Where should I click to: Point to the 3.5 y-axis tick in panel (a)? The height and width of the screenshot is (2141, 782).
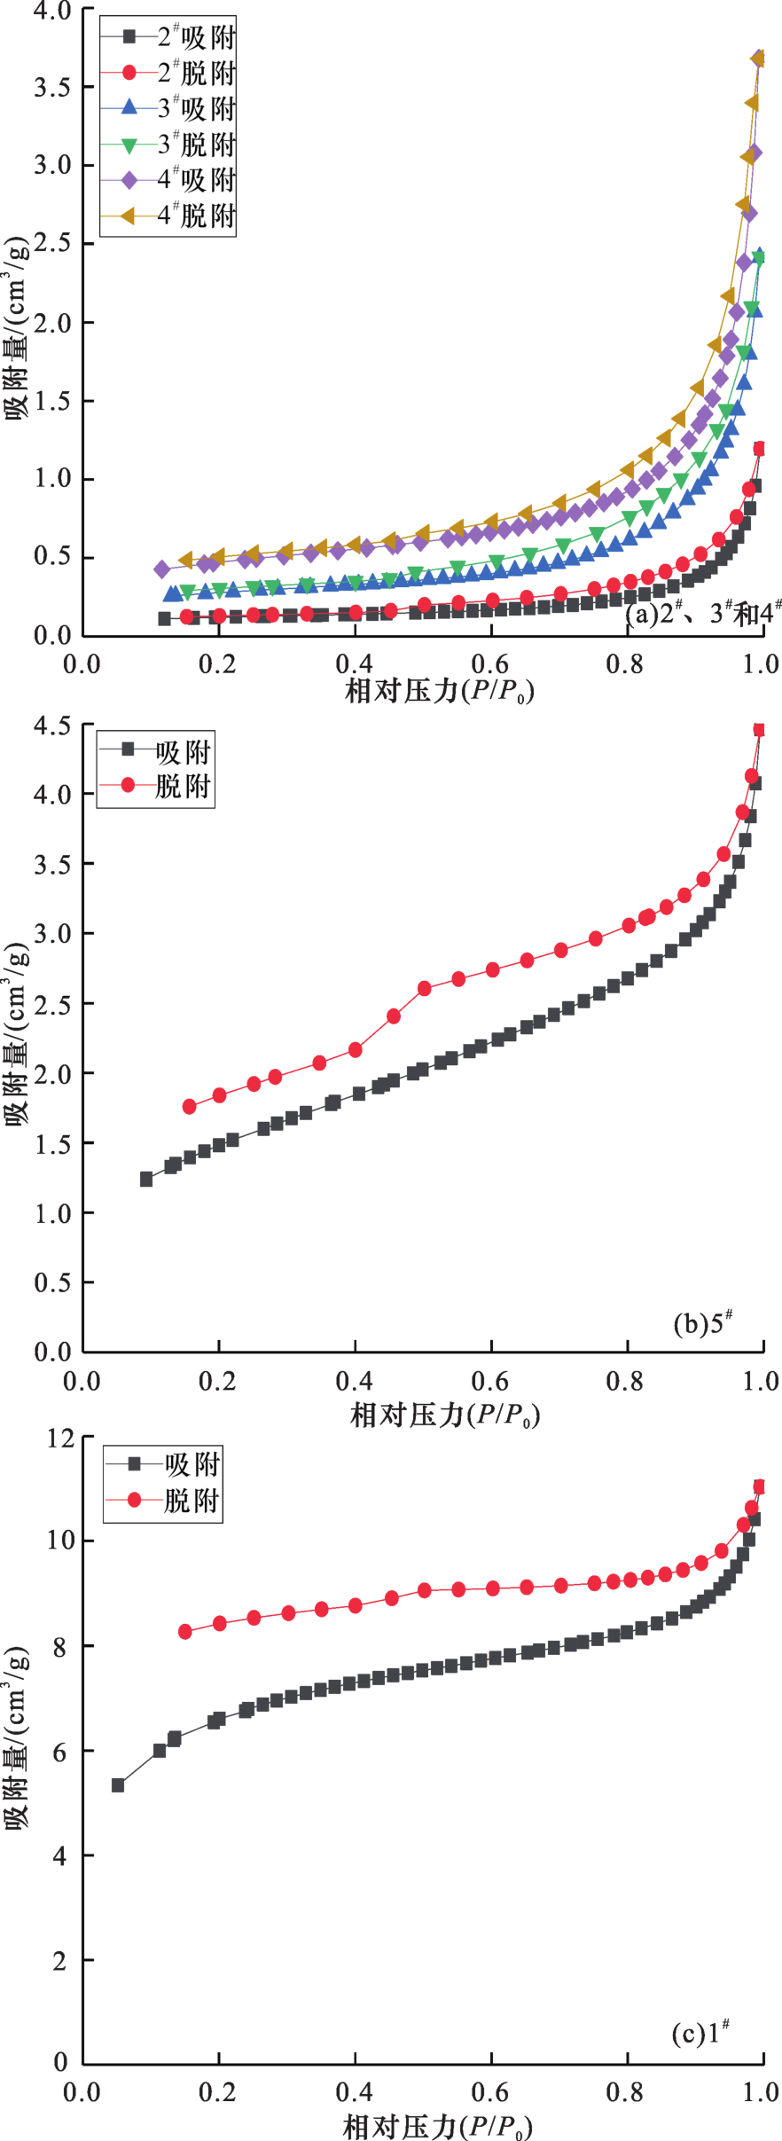pyautogui.click(x=52, y=87)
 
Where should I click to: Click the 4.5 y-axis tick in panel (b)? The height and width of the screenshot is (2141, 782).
pyautogui.click(x=52, y=725)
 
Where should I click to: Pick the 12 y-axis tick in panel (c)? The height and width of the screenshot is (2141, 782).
pyautogui.click(x=61, y=1438)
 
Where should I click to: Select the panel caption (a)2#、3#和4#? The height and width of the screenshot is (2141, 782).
pyautogui.click(x=703, y=613)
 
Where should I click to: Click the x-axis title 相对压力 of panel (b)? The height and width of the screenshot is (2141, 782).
pyautogui.click(x=444, y=1414)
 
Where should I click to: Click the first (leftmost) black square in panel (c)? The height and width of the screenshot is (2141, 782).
pyautogui.click(x=117, y=1785)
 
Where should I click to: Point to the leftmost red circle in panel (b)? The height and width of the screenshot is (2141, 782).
pyautogui.click(x=189, y=1107)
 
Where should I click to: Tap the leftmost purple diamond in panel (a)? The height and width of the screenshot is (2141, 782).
pyautogui.click(x=161, y=569)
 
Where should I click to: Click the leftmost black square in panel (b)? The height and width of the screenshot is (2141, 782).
pyautogui.click(x=146, y=1180)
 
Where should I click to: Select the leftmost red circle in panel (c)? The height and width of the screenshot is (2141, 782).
pyautogui.click(x=185, y=1632)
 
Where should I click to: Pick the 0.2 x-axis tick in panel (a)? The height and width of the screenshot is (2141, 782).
pyautogui.click(x=218, y=663)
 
